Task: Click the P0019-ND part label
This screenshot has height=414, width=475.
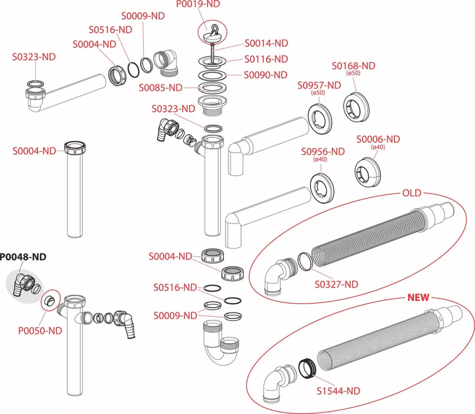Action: click(198, 4)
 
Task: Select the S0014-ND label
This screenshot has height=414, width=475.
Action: click(266, 43)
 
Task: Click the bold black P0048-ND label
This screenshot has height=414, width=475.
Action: click(23, 257)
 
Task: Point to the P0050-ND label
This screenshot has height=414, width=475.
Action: click(40, 331)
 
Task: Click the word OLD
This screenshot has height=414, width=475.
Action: click(412, 193)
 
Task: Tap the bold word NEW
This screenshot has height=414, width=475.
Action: click(418, 297)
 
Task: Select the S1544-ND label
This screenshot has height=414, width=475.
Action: click(338, 391)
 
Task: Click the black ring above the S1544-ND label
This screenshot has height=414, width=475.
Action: click(308, 368)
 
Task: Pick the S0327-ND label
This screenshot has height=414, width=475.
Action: click(336, 284)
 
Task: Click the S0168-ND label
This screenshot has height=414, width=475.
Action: click(353, 66)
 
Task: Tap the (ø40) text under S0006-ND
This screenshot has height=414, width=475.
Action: click(378, 147)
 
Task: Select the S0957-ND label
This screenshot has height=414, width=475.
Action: click(319, 85)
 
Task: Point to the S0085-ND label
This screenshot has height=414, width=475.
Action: click(160, 88)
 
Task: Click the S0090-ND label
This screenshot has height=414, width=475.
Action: click(266, 75)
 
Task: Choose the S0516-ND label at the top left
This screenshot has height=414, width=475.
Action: click(110, 30)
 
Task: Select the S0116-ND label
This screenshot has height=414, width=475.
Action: click(266, 59)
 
